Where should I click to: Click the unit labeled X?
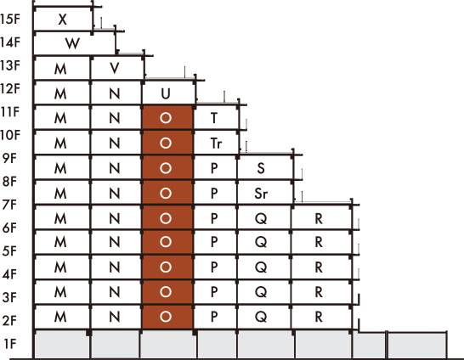click(63, 19)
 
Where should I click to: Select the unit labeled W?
click(74, 43)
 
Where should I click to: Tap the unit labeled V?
click(116, 68)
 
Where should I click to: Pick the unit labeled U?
click(167, 93)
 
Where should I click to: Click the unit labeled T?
click(216, 118)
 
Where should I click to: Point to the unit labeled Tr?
click(216, 143)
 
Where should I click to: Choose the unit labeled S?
click(264, 167)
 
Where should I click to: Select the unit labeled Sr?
click(264, 193)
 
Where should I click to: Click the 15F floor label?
click(10, 19)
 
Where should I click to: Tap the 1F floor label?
click(10, 344)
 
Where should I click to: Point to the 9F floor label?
click(9, 158)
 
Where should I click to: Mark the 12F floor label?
click(10, 88)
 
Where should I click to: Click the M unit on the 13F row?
click(62, 68)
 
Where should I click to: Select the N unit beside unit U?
click(116, 93)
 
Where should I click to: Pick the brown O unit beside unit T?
click(167, 118)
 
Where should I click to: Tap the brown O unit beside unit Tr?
click(167, 143)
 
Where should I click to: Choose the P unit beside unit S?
click(215, 167)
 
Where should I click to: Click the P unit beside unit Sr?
click(215, 193)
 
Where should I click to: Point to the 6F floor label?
click(9, 228)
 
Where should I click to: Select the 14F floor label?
click(10, 42)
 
